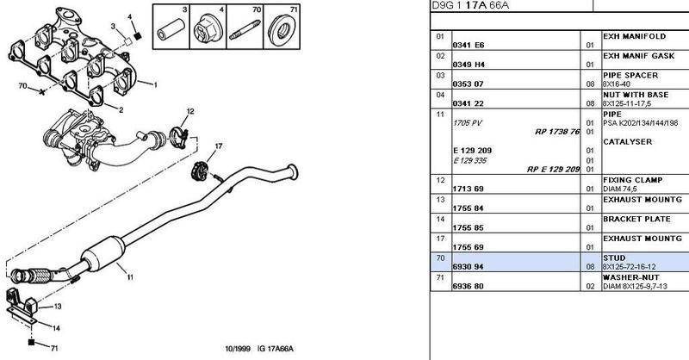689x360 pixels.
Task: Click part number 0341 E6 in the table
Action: pyautogui.click(x=469, y=45)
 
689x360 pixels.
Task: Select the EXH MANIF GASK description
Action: pyautogui.click(x=638, y=56)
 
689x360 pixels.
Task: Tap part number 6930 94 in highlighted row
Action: pyautogui.click(x=469, y=267)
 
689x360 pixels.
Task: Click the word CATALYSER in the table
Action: pyautogui.click(x=628, y=142)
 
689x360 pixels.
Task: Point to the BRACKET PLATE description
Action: pyautogui.click(x=636, y=219)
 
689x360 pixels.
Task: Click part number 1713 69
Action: pyautogui.click(x=468, y=189)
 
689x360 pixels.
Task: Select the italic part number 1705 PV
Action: pyautogui.click(x=467, y=123)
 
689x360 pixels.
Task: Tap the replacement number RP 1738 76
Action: pyautogui.click(x=557, y=132)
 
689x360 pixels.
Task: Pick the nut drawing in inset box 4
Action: pyautogui.click(x=208, y=29)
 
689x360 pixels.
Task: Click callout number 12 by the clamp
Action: pyautogui.click(x=189, y=112)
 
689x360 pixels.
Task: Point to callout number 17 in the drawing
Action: pyautogui.click(x=219, y=146)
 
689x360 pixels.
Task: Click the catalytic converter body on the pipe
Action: pyautogui.click(x=103, y=252)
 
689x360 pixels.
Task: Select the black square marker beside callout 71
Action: pyautogui.click(x=31, y=342)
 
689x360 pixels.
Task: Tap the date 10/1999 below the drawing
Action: pyautogui.click(x=238, y=349)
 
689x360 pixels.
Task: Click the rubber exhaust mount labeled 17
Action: pyautogui.click(x=200, y=171)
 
